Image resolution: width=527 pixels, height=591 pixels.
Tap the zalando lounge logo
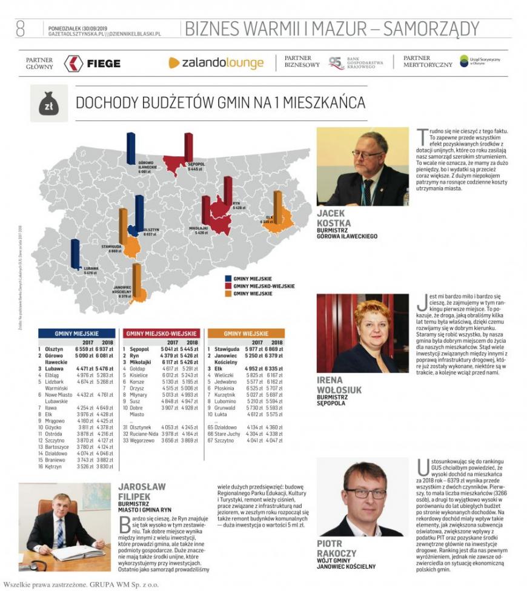[x=216, y=63]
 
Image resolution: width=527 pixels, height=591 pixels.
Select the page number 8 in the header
[x=20, y=28]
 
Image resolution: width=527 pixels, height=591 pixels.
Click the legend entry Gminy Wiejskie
[x=253, y=294]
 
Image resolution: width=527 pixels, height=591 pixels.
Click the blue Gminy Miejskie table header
[x=76, y=333]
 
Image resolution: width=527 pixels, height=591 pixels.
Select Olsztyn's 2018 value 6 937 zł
[x=104, y=349]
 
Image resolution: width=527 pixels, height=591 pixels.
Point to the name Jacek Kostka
[x=334, y=218]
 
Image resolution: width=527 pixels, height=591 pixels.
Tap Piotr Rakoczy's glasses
[x=365, y=492]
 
